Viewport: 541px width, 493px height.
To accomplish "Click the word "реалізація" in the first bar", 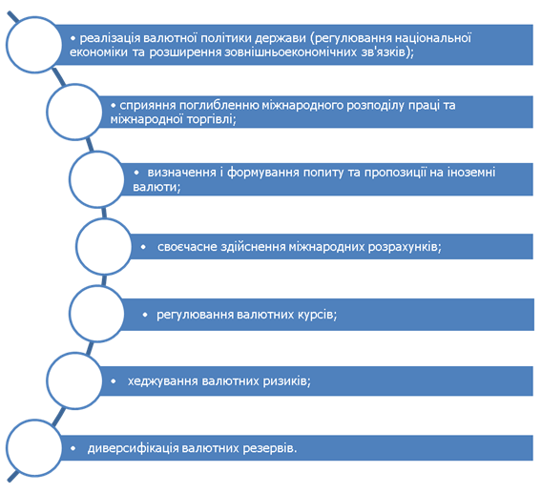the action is click(110, 38).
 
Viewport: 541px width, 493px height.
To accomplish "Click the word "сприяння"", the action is click(148, 106).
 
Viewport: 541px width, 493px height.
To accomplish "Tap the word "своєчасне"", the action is click(187, 247).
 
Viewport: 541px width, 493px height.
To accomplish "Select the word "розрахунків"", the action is click(405, 247).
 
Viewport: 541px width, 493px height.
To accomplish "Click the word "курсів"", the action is click(316, 315).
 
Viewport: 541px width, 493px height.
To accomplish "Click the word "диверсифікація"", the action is click(134, 448).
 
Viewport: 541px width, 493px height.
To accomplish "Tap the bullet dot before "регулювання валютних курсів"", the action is click(145, 315).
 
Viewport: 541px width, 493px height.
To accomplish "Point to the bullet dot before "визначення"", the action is click(136, 173).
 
